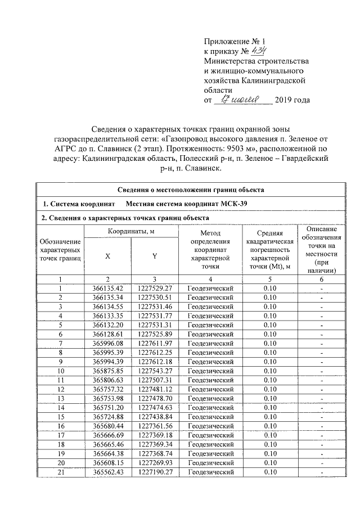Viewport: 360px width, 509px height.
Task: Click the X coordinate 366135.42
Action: tap(107, 289)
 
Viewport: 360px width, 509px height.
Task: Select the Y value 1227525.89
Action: tap(155, 334)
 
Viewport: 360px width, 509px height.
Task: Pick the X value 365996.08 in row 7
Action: tap(107, 343)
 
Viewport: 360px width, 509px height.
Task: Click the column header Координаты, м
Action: tap(131, 231)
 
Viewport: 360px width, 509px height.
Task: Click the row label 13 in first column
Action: tap(60, 398)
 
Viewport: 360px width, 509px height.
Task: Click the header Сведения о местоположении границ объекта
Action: tap(191, 190)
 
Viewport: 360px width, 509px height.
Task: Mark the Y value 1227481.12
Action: tap(155, 388)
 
